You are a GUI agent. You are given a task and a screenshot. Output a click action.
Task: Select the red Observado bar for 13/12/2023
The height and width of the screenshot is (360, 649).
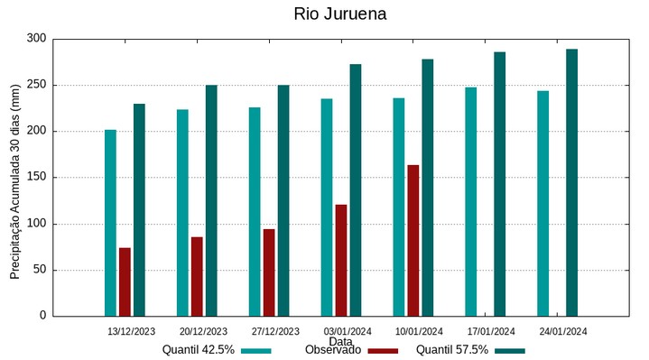pos(125,282)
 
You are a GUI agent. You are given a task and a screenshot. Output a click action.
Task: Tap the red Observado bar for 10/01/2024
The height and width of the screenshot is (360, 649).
pos(413,240)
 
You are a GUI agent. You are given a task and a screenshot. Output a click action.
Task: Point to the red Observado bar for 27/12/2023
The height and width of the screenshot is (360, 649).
pos(269,272)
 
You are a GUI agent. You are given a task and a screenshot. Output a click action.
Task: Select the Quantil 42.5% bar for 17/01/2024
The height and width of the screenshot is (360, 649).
pos(470,201)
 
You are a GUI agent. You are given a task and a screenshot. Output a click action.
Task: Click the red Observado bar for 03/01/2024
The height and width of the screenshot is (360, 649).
pos(341,260)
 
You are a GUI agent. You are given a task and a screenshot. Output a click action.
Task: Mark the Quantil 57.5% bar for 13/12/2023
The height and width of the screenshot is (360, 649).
pos(139,209)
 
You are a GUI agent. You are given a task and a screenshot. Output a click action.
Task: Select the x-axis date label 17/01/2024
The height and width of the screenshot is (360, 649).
pos(492,330)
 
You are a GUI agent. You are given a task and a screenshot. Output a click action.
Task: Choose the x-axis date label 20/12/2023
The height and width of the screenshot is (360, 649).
pos(203,330)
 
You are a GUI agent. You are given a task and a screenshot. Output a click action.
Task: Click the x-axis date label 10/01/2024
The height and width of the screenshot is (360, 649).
pos(420,330)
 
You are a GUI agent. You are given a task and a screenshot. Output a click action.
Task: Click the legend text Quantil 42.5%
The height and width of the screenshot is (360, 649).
pos(199,350)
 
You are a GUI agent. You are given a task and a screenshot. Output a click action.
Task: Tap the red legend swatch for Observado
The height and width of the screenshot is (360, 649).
pos(384,350)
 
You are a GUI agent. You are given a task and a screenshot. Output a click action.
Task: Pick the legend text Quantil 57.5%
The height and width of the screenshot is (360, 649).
pos(452,350)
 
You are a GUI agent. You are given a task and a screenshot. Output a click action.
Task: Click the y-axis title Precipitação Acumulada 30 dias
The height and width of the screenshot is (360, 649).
pos(15,177)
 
